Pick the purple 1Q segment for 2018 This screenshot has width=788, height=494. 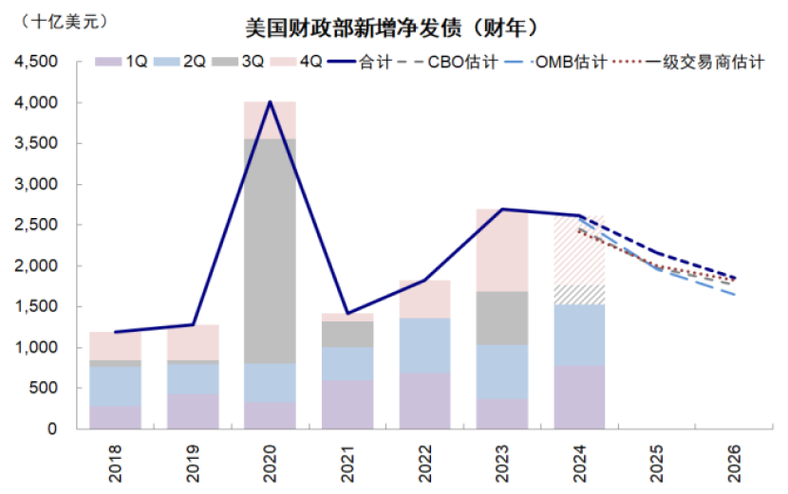(115, 417)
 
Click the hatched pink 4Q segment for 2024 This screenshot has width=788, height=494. (579, 251)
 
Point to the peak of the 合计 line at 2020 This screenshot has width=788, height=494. (271, 102)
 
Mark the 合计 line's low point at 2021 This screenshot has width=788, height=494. (347, 313)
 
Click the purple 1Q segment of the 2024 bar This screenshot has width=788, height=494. (579, 397)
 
